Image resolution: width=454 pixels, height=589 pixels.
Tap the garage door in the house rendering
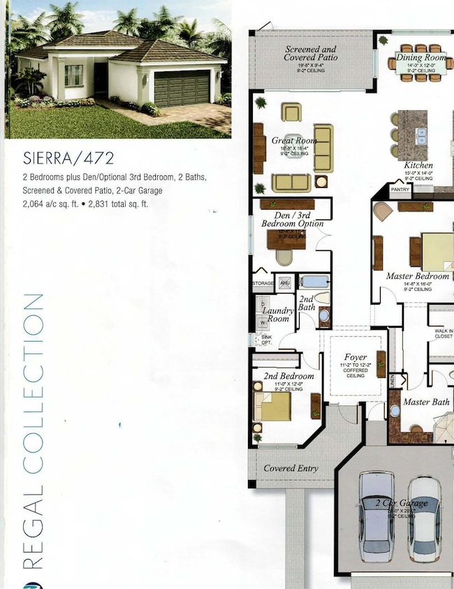[x=181, y=89]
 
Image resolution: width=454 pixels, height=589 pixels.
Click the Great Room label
[x=294, y=140]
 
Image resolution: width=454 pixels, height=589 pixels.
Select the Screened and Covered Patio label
[x=311, y=54]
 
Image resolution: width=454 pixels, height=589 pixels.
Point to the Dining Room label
[x=420, y=57]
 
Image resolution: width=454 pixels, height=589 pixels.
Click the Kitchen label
[x=418, y=166]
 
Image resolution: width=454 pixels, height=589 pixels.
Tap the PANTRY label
[x=400, y=189]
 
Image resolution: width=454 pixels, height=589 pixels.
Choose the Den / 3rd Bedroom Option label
[x=293, y=219]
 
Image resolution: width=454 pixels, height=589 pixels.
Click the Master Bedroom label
[x=418, y=276]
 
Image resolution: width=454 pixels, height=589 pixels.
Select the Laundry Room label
[x=278, y=314]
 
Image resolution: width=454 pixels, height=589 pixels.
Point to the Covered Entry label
[x=291, y=468]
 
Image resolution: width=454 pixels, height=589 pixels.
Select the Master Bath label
[x=426, y=402]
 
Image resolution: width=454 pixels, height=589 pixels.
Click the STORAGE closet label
[x=263, y=283]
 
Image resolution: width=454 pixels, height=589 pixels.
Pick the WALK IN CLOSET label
[x=444, y=333]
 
